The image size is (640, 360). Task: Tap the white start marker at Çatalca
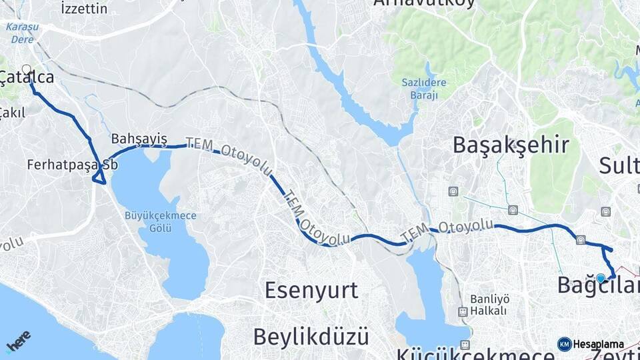pos(27,69)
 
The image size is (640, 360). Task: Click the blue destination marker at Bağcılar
pos(601,279)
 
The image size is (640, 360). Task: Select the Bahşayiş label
pos(139,139)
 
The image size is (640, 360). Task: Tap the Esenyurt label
pos(311,291)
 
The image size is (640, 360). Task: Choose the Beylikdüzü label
pos(311,336)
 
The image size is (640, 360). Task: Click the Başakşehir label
pos(511,145)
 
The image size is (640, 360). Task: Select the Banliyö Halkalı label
pos(489,305)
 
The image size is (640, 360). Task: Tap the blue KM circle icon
pos(565,344)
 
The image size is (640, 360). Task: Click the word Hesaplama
pos(598,345)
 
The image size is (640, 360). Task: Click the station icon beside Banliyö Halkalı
pos(462,311)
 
